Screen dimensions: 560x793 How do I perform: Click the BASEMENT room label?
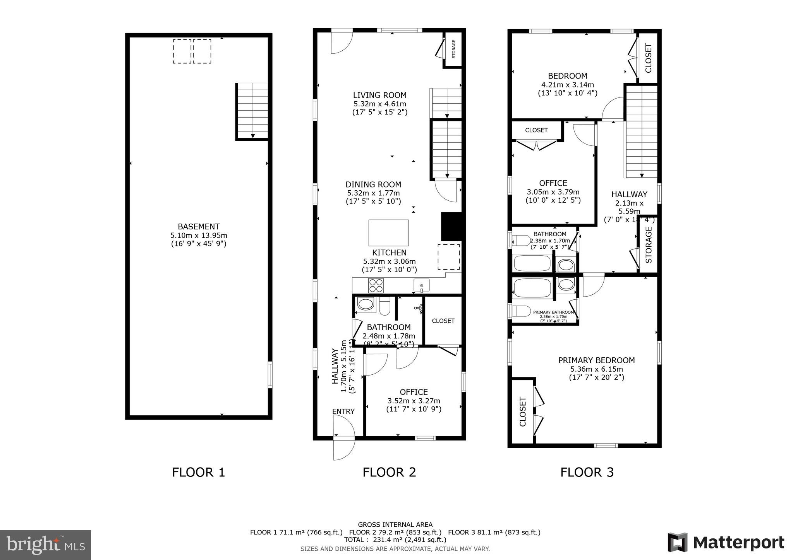pyautogui.click(x=199, y=227)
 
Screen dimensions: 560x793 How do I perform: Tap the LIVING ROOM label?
pyautogui.click(x=379, y=95)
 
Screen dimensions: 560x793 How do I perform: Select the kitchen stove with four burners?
pyautogui.click(x=376, y=286)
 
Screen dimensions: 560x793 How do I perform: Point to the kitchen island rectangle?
pyautogui.click(x=388, y=233)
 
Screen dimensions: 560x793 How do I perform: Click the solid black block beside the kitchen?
pyautogui.click(x=451, y=227)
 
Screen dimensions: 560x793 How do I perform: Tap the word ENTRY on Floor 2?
pyautogui.click(x=343, y=411)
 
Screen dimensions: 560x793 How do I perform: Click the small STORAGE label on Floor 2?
pyautogui.click(x=454, y=49)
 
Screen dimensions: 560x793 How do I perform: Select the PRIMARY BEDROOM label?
pyautogui.click(x=596, y=360)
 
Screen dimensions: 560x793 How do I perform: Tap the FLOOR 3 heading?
pyautogui.click(x=587, y=472)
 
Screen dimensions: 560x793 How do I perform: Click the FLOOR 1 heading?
pyautogui.click(x=198, y=472)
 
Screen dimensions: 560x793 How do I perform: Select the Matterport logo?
pyautogui.click(x=726, y=542)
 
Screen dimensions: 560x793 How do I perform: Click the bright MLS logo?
pyautogui.click(x=45, y=545)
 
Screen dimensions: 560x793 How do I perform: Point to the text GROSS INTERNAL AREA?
pyautogui.click(x=395, y=525)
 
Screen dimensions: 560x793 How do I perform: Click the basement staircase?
pyautogui.click(x=252, y=111)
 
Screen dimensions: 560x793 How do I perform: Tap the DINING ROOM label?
pyautogui.click(x=373, y=184)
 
